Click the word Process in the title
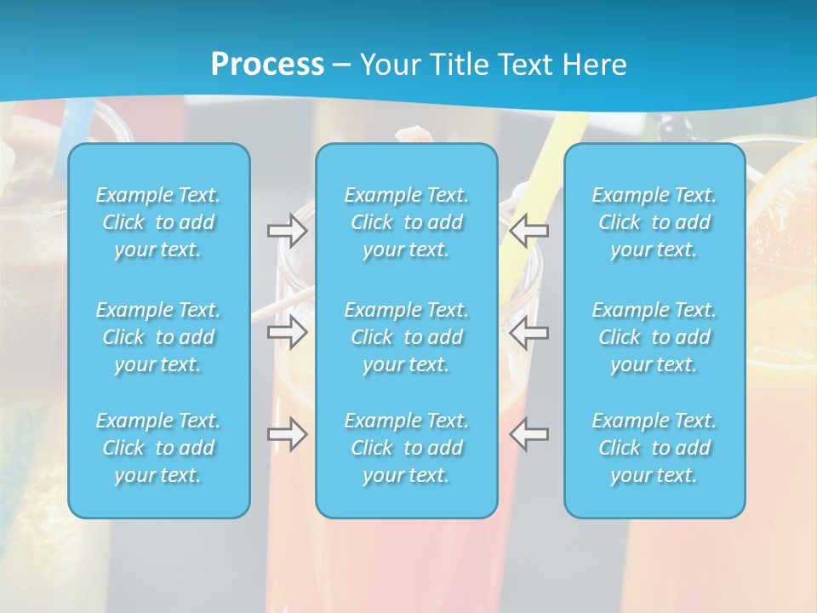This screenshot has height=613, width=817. (267, 65)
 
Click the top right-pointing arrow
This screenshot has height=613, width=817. (287, 230)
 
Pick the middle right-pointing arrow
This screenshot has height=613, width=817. (287, 332)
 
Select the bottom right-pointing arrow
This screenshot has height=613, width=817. (287, 434)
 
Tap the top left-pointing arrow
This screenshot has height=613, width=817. (528, 230)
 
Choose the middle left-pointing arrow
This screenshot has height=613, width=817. (528, 332)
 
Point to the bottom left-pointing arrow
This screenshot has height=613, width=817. (528, 434)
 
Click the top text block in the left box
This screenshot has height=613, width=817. (158, 222)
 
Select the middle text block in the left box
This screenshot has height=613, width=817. (158, 337)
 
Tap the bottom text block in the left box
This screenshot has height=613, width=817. (158, 448)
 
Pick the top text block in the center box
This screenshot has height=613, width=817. (406, 222)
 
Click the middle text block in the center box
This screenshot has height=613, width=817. (406, 337)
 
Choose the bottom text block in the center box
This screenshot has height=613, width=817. (406, 448)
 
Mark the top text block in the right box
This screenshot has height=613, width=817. (654, 222)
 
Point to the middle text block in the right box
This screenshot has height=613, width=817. (654, 337)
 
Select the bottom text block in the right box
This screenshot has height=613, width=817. (654, 448)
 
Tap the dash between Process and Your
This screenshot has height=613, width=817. (342, 66)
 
